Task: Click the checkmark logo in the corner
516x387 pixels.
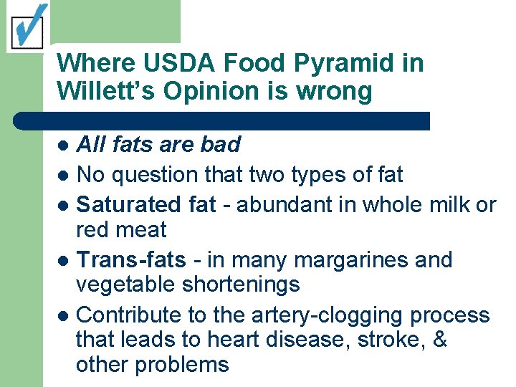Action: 27,27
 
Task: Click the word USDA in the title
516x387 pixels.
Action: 172,63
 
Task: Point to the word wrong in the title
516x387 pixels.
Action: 336,92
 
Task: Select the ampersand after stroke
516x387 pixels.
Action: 440,340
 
